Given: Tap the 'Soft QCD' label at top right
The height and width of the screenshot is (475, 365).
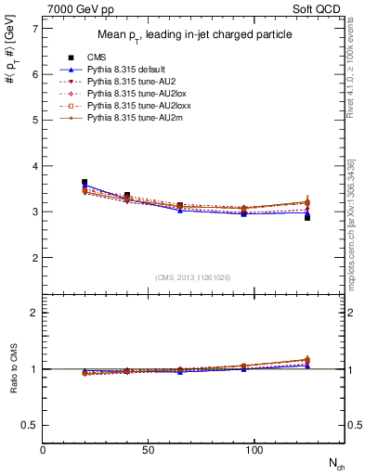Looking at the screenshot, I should click(x=318, y=9).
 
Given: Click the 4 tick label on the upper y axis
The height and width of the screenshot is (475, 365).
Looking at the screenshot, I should click(x=35, y=166).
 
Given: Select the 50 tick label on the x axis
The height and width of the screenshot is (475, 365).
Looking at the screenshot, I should click(x=149, y=450).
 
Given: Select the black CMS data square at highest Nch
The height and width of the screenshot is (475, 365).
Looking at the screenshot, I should click(x=307, y=217).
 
